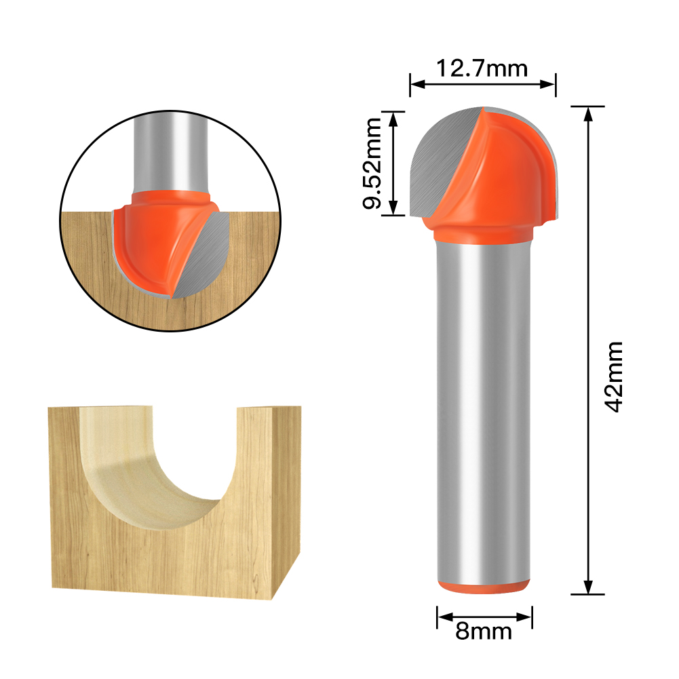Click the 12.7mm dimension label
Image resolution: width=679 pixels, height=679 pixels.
[482, 68]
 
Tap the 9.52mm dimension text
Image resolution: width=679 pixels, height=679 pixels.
[374, 163]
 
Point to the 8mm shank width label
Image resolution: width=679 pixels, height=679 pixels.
[484, 632]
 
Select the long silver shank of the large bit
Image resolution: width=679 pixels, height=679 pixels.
[482, 407]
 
